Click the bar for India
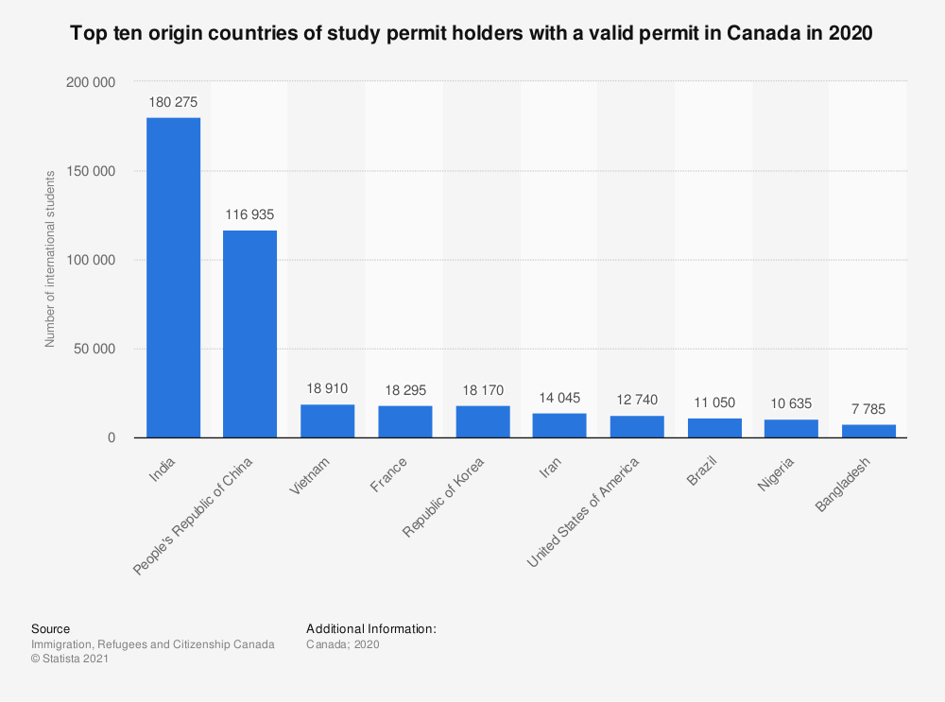click(x=173, y=277)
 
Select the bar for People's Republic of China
click(x=250, y=334)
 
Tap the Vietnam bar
click(x=328, y=420)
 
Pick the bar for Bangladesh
click(x=868, y=431)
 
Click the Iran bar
click(x=559, y=425)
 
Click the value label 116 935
click(x=250, y=214)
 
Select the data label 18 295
click(x=405, y=389)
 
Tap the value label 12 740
click(x=637, y=400)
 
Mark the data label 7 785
click(x=868, y=408)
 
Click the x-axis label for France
click(x=390, y=470)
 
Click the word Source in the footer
click(x=50, y=628)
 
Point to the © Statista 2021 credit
click(x=70, y=659)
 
